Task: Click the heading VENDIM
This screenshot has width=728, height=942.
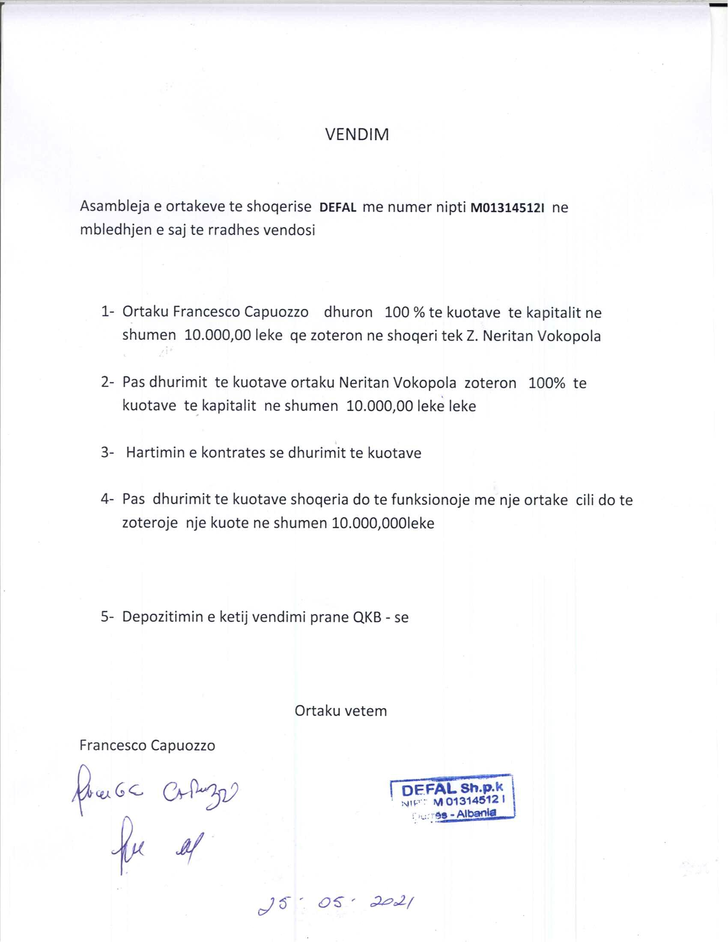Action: tap(357, 135)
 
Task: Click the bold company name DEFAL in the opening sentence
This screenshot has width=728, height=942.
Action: tap(338, 209)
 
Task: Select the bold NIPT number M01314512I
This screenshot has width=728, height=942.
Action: tap(507, 209)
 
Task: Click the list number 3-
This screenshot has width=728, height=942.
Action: tap(107, 453)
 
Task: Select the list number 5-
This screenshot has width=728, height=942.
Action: tap(107, 617)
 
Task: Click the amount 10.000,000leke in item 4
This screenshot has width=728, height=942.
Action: tap(383, 523)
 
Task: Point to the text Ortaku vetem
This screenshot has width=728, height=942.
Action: tap(341, 711)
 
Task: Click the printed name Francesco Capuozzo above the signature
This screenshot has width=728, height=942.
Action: tap(147, 745)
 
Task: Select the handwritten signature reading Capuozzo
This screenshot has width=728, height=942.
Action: tap(200, 792)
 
